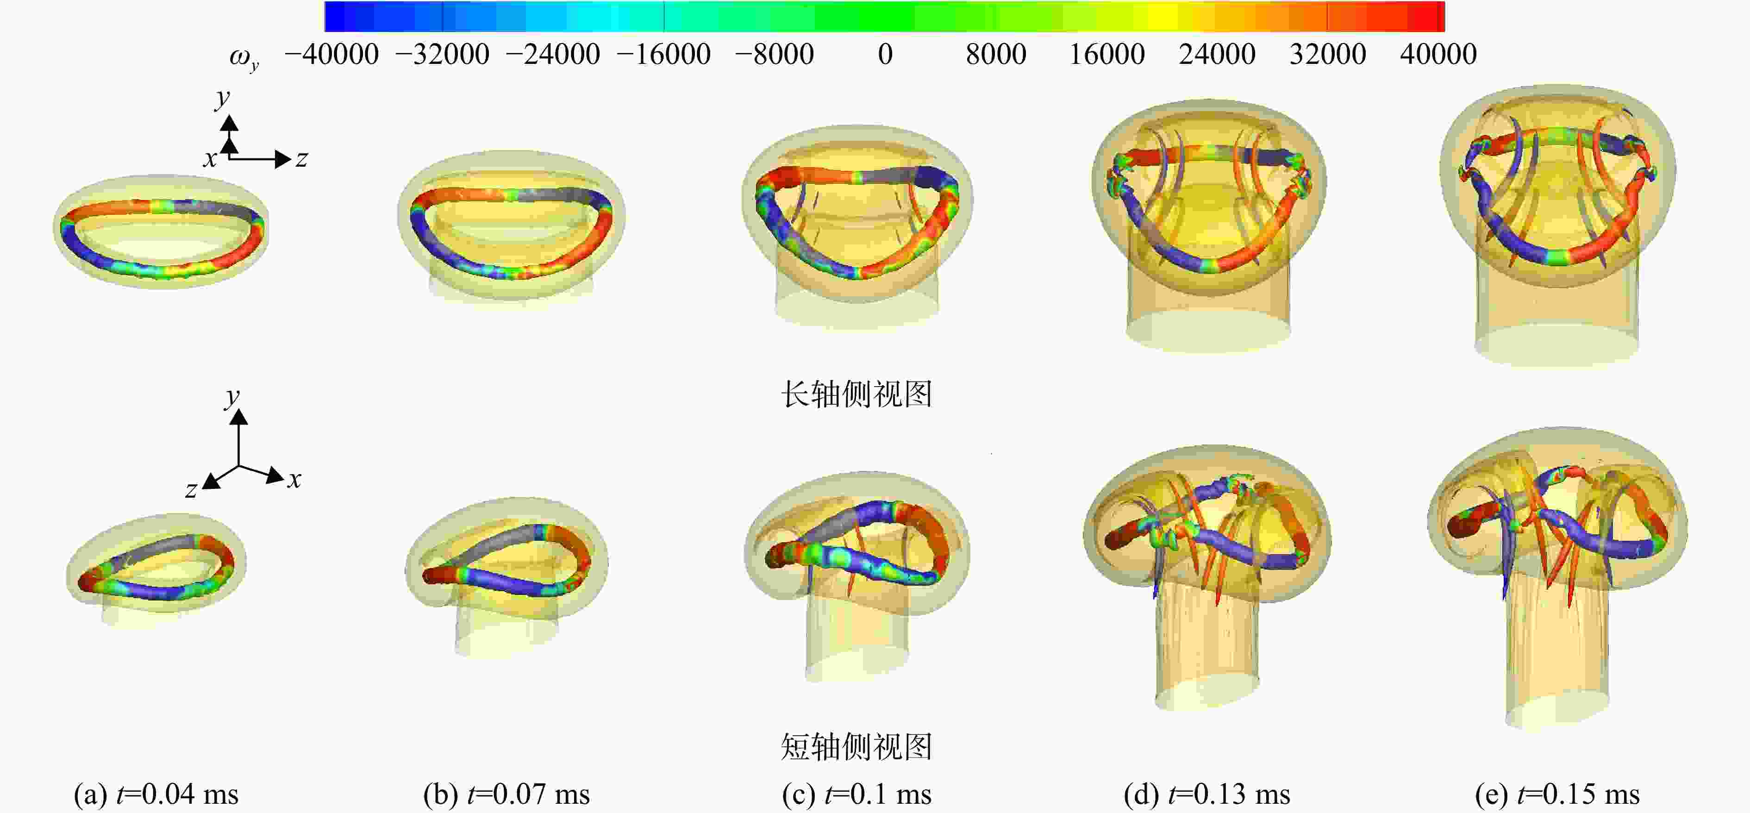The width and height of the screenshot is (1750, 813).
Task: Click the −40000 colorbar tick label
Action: click(331, 54)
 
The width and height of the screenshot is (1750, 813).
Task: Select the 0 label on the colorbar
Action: click(885, 54)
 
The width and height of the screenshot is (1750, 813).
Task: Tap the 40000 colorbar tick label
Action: click(1438, 54)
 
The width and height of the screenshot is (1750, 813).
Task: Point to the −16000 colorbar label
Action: click(663, 54)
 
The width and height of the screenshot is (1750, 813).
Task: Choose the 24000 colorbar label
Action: click(1217, 54)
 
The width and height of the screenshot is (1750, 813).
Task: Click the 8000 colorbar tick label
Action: click(996, 54)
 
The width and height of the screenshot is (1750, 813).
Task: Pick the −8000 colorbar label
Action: click(775, 54)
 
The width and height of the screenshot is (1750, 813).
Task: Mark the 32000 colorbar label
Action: click(1327, 54)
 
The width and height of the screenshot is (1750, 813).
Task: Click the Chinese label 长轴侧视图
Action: click(856, 394)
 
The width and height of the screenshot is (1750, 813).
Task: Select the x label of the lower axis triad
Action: click(294, 480)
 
